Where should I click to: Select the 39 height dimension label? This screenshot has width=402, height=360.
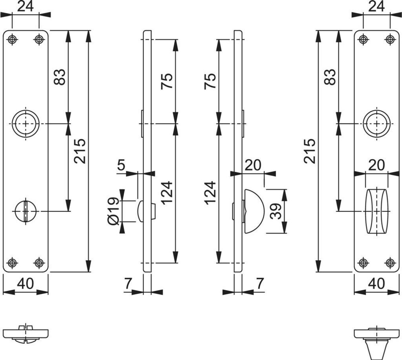coord(276,211)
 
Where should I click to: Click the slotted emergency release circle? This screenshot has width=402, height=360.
coord(26,211)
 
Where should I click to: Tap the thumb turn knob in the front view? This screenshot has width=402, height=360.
coord(376,212)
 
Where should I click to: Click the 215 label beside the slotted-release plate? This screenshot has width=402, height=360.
coord(79,151)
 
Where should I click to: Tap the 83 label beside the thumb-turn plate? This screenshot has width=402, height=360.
coord(330,77)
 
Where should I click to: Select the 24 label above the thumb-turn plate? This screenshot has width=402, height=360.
coord(376,6)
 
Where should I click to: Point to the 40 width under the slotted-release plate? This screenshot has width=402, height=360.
coord(26,284)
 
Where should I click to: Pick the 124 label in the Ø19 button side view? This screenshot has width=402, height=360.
coord(166,192)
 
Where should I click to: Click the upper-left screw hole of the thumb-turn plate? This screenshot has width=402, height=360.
coord(364,39)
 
